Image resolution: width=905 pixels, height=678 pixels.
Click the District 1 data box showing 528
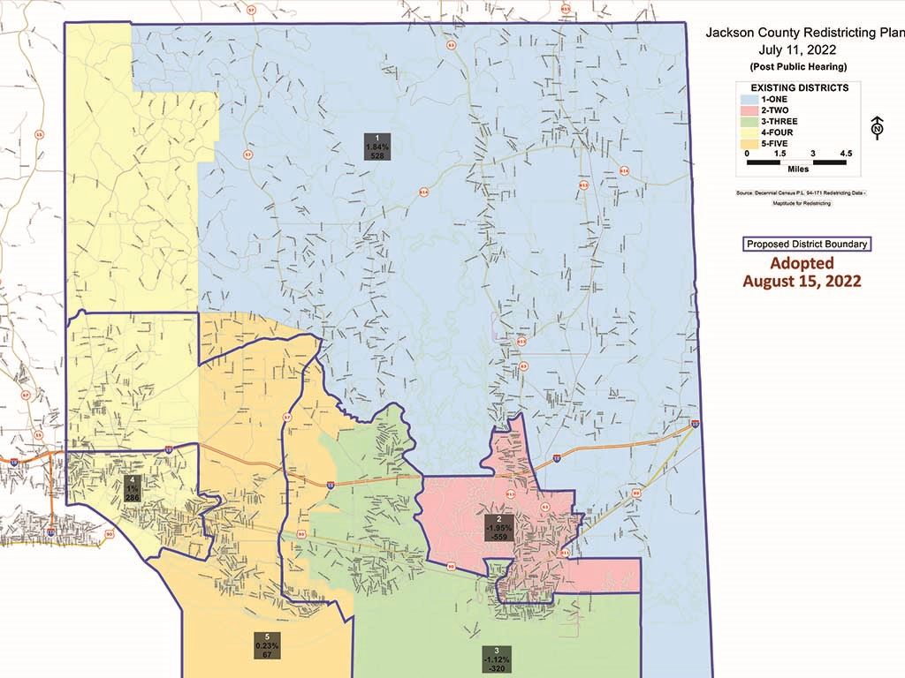(x=371, y=145)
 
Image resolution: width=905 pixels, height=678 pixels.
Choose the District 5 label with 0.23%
(x=267, y=645)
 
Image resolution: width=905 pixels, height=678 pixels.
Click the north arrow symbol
(x=877, y=128)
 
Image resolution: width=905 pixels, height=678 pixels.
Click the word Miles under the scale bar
(x=797, y=169)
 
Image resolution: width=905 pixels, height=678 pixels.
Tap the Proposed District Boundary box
(x=806, y=245)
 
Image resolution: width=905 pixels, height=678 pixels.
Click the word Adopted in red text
(x=802, y=263)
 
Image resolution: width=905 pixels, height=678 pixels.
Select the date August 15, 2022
(x=802, y=282)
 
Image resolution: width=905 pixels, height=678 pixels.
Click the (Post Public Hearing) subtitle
(x=798, y=67)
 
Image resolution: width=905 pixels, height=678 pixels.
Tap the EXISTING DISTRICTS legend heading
(x=799, y=88)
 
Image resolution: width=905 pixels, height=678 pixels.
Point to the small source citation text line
(x=801, y=192)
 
